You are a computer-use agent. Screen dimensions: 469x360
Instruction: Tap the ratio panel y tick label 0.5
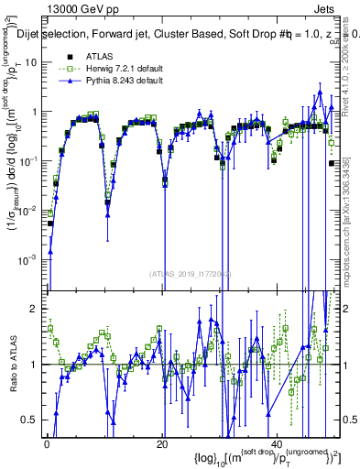[29, 420]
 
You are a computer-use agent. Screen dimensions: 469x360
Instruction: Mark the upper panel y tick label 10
[30, 62]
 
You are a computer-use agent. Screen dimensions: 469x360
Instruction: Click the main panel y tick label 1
[34, 112]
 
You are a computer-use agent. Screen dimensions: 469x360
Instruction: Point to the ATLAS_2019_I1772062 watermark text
[191, 273]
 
